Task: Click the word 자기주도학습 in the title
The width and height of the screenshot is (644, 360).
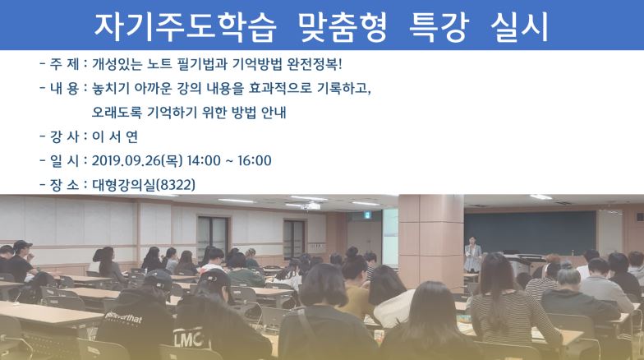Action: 186,26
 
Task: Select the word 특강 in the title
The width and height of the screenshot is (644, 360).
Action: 439,26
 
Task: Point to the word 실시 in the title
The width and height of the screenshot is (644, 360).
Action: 519,26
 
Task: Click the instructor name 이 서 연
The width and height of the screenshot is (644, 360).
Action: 115,136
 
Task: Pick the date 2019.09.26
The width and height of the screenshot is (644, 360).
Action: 126,160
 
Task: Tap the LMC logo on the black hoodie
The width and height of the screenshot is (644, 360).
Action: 188,338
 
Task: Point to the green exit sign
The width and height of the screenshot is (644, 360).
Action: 367,215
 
